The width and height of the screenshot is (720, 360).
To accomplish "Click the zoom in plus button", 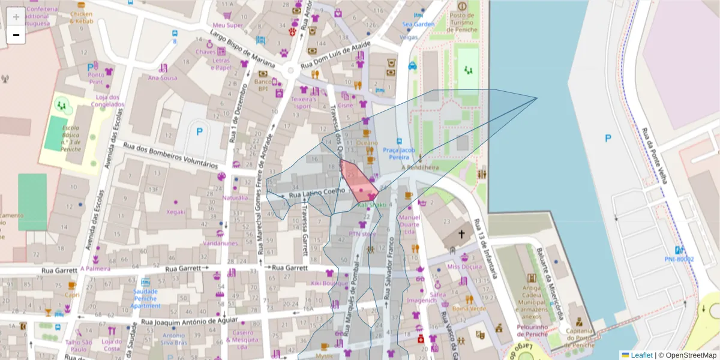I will point(16,17).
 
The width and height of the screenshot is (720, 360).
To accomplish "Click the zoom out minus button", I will point(16,35).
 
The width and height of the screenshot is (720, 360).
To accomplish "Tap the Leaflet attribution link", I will point(641,355).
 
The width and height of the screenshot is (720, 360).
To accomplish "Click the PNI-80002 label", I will point(679,259).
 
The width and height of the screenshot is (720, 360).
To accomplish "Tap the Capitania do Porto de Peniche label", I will point(578,336).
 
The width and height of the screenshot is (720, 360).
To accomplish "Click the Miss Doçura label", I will point(464,266).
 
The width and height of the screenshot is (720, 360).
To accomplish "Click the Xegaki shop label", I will point(176,212).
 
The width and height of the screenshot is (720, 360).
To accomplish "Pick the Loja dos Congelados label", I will point(108,100).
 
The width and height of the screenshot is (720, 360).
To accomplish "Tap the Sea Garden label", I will point(418,25).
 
